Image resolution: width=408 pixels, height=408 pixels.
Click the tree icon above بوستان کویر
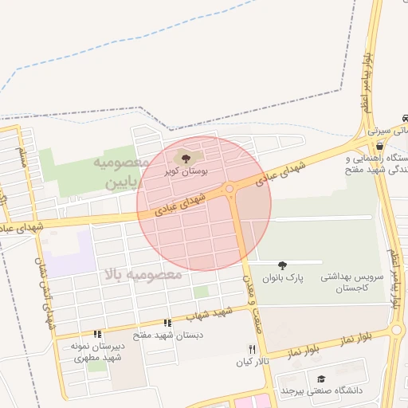pyautogui.click(x=186, y=159)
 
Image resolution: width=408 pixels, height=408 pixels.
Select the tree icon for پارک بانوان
pyautogui.click(x=281, y=265)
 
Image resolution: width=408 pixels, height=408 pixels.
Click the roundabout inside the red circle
pyautogui.click(x=230, y=189)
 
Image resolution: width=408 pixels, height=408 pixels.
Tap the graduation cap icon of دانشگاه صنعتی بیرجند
pyautogui.click(x=321, y=379)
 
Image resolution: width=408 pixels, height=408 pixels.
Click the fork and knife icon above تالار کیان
pyautogui.click(x=253, y=349)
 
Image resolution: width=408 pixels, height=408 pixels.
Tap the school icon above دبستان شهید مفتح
pyautogui.click(x=167, y=323)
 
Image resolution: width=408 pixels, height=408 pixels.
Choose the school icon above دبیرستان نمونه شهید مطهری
pyautogui.click(x=97, y=335)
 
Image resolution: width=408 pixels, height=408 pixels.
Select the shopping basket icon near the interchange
pyautogui.click(x=379, y=146)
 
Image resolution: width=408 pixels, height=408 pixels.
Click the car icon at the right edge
pyautogui.click(x=404, y=118)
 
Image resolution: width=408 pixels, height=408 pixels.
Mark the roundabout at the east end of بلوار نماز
pyautogui.click(x=398, y=330)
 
